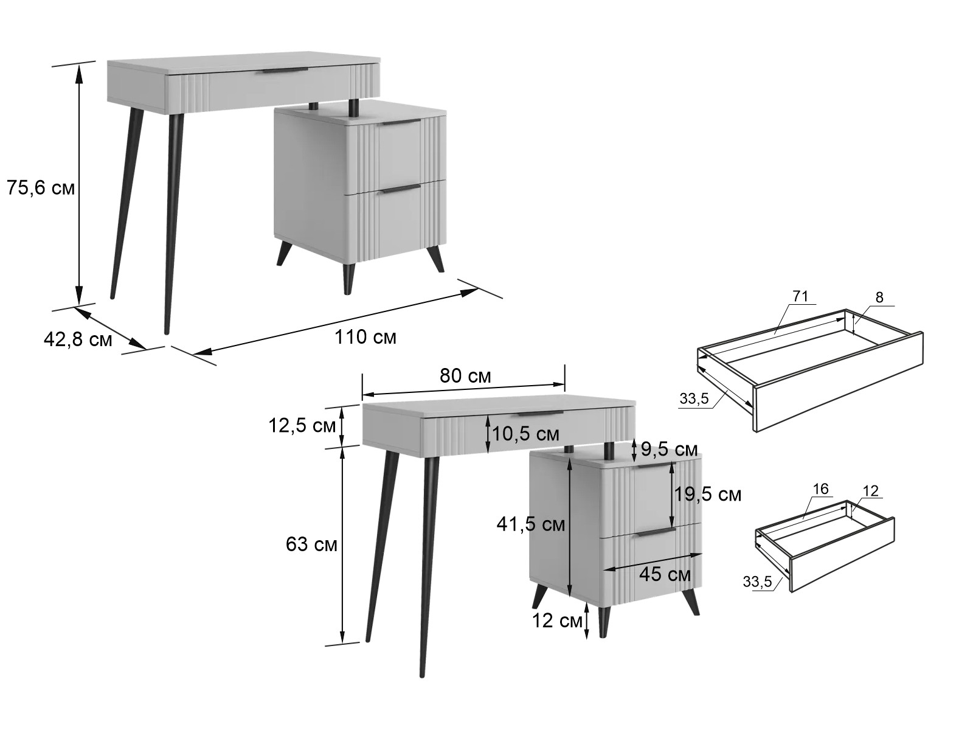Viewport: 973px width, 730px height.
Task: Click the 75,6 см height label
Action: tap(41, 189)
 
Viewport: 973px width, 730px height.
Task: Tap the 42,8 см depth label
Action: tap(78, 339)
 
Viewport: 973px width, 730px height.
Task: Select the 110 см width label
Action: tap(365, 337)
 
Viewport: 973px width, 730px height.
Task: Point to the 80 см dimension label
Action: tap(465, 376)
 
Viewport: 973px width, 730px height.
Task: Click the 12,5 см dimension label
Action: tap(302, 426)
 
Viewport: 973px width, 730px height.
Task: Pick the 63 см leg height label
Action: tap(311, 544)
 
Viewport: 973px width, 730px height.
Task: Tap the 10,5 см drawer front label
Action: tap(525, 434)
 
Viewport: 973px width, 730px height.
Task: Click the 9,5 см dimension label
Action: tap(669, 450)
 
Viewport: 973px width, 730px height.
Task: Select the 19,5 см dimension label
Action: tap(707, 494)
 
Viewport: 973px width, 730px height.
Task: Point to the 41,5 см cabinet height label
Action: tap(531, 524)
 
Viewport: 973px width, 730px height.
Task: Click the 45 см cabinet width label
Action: tap(665, 575)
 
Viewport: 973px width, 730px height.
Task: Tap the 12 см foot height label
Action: tap(557, 620)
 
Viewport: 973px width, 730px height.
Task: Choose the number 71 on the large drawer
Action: tap(800, 296)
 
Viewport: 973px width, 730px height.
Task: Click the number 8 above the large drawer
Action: tap(879, 298)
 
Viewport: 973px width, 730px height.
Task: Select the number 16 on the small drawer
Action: tap(820, 489)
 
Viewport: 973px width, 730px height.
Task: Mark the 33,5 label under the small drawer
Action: tap(757, 582)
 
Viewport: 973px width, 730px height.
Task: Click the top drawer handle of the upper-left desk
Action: tap(284, 71)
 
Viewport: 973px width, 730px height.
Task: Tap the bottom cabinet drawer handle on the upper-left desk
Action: tap(401, 189)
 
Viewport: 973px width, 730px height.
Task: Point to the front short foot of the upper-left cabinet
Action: tap(348, 280)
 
